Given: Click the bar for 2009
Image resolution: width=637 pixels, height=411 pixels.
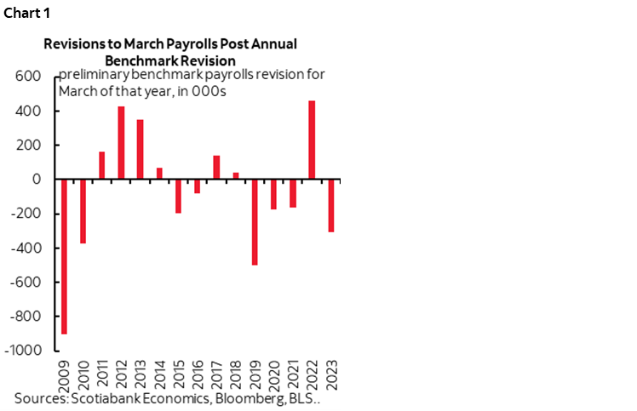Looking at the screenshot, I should (65, 256).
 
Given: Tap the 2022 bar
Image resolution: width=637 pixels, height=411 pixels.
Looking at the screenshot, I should (311, 140).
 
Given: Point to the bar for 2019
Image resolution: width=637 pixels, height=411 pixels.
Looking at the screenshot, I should (254, 222).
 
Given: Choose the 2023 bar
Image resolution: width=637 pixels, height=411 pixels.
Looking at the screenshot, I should (330, 206).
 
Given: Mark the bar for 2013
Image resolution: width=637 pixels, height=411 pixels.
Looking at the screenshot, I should (140, 150).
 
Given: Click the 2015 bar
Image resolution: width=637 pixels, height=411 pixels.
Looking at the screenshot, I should (178, 196).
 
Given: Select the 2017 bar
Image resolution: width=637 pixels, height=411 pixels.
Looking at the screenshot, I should (216, 168).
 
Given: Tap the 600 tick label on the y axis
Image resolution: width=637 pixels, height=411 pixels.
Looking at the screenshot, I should (29, 77).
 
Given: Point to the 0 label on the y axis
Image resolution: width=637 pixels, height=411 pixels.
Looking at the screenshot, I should (37, 180).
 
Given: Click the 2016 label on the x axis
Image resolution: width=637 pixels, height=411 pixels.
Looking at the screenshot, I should (198, 372).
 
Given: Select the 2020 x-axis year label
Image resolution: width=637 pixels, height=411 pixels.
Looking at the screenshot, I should (273, 372).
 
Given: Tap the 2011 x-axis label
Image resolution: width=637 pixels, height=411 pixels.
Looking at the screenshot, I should (102, 372).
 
